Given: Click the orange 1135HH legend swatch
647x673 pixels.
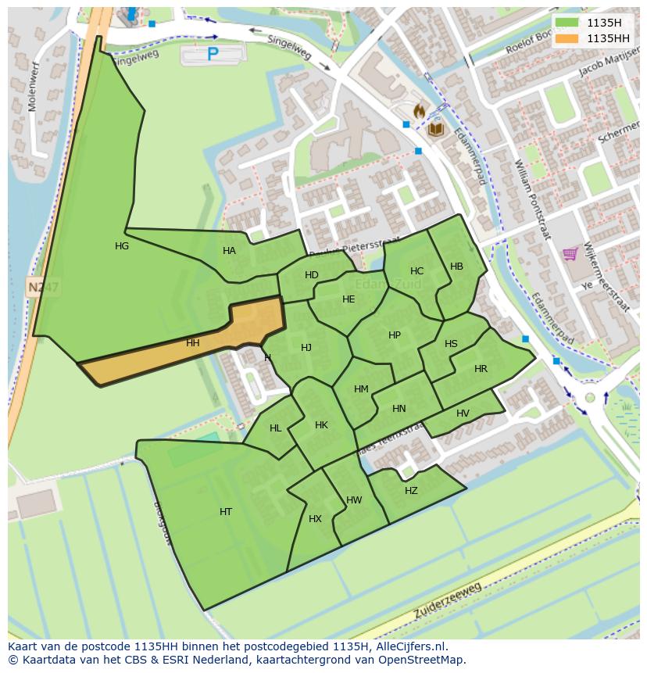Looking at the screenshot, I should tap(567, 38).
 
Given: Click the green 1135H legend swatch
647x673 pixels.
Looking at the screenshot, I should tap(567, 23).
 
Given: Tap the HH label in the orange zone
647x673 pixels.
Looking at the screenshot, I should tap(193, 343).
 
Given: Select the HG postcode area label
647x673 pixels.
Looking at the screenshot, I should tap(122, 246).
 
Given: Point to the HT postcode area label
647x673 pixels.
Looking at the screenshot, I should tap(226, 512).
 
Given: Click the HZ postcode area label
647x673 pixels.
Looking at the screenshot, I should tap(411, 491).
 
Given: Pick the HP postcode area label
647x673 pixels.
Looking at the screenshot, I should tap(395, 335).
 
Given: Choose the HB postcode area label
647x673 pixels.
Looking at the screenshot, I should tap(457, 267).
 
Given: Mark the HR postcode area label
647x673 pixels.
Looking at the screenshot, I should tap(481, 369).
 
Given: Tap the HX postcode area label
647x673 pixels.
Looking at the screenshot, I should tap(315, 519).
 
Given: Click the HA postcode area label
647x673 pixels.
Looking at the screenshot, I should tap(229, 251).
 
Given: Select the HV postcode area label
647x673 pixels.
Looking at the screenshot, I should tap(463, 413).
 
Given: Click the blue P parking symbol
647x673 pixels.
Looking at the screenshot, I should tap(213, 54).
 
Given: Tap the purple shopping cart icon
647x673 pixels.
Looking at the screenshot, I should tap(570, 253).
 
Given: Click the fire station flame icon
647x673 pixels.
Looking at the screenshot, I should tap(419, 112).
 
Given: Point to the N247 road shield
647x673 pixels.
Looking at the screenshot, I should tap(44, 288).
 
